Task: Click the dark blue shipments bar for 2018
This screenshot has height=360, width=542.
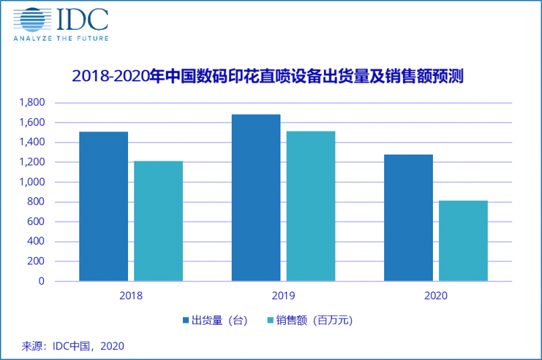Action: point(104,206)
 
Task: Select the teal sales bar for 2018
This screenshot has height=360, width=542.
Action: point(159,221)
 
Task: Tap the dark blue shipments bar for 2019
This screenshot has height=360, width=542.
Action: point(256,197)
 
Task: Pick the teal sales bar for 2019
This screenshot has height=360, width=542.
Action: point(311,206)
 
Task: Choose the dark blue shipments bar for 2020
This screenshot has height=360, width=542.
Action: point(409,218)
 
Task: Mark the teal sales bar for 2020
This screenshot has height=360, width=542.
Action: point(463,241)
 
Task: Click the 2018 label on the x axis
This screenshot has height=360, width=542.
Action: point(131,296)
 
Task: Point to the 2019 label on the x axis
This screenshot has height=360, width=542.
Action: point(283,296)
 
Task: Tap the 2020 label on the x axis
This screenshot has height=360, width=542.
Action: point(436,296)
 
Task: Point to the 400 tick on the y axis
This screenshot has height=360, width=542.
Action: point(38,241)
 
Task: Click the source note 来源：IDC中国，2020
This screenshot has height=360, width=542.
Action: point(73,346)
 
